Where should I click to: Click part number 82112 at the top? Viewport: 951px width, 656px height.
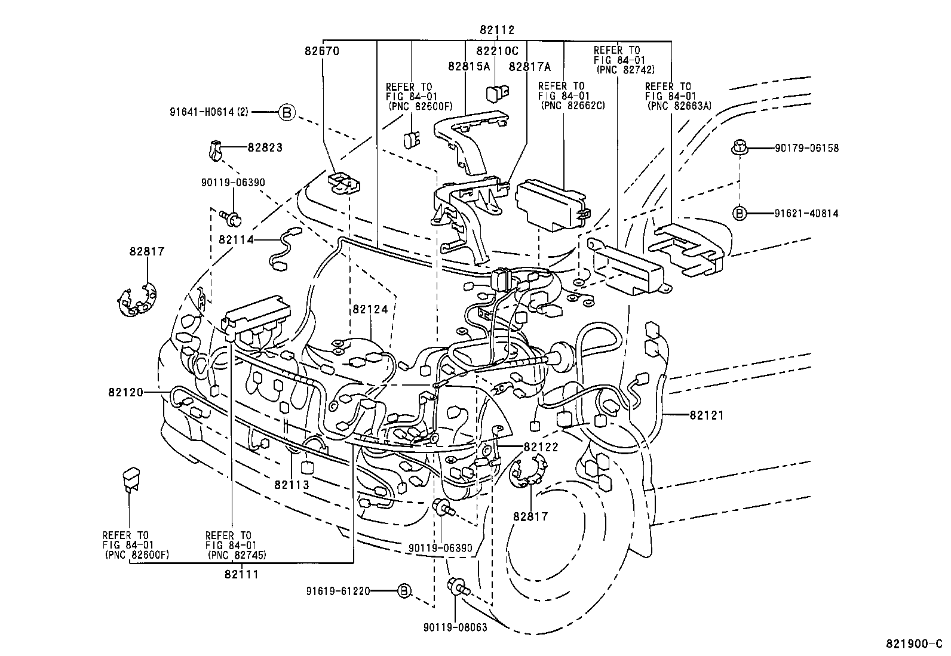[496, 30]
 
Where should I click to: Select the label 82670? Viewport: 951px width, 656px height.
[321, 51]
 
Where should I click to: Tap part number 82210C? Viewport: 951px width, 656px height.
[497, 51]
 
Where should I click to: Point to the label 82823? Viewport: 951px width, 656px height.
[266, 147]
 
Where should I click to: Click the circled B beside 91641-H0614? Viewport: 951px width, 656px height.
[287, 112]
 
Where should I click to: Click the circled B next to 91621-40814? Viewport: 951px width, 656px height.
[740, 213]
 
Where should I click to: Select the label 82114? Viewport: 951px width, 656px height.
[236, 239]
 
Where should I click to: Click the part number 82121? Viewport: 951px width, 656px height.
[706, 415]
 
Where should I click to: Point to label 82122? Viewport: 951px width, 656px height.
[541, 446]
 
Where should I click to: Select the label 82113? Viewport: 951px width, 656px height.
[292, 485]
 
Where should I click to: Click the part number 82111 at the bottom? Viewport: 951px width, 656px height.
[242, 574]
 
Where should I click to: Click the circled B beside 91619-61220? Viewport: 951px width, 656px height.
[404, 591]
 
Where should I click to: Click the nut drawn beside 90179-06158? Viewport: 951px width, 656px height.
[740, 146]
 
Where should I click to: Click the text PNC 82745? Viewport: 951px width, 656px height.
[237, 555]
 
